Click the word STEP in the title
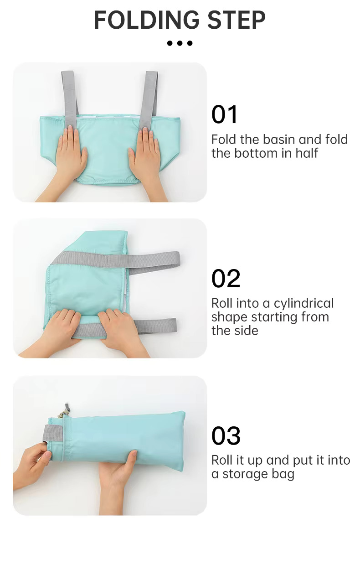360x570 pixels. (236, 20)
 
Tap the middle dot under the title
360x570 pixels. (180, 43)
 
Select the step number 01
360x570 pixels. (224, 114)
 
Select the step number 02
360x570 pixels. (226, 279)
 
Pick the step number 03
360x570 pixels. (226, 436)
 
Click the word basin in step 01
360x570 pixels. (280, 140)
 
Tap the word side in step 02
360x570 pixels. (247, 331)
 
